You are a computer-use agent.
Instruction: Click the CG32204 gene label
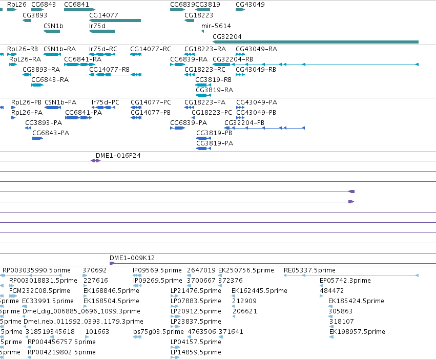(227, 37)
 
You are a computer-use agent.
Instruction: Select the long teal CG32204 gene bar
(316, 42)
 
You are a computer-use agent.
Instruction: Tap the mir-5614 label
(216, 26)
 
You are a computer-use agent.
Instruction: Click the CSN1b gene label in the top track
(53, 26)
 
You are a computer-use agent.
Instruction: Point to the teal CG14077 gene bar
(115, 20)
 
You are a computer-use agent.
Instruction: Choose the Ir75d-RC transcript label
(103, 49)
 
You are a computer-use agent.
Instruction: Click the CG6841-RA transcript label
(83, 59)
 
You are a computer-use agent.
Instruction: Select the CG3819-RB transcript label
(213, 80)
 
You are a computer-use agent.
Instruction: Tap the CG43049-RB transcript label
(256, 70)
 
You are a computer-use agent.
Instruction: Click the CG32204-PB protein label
(244, 122)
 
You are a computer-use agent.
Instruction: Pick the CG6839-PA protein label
(189, 122)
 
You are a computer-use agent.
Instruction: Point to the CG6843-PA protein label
(51, 133)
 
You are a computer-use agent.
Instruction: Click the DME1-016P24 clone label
(118, 155)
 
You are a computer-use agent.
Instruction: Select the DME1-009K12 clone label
(132, 258)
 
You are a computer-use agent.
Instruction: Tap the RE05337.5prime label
(309, 270)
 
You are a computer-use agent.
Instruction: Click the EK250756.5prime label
(246, 270)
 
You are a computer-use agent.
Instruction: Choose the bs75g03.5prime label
(158, 332)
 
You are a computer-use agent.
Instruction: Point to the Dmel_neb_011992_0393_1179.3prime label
(84, 322)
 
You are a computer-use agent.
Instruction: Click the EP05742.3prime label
(345, 281)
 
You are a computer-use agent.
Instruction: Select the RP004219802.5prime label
(61, 352)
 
